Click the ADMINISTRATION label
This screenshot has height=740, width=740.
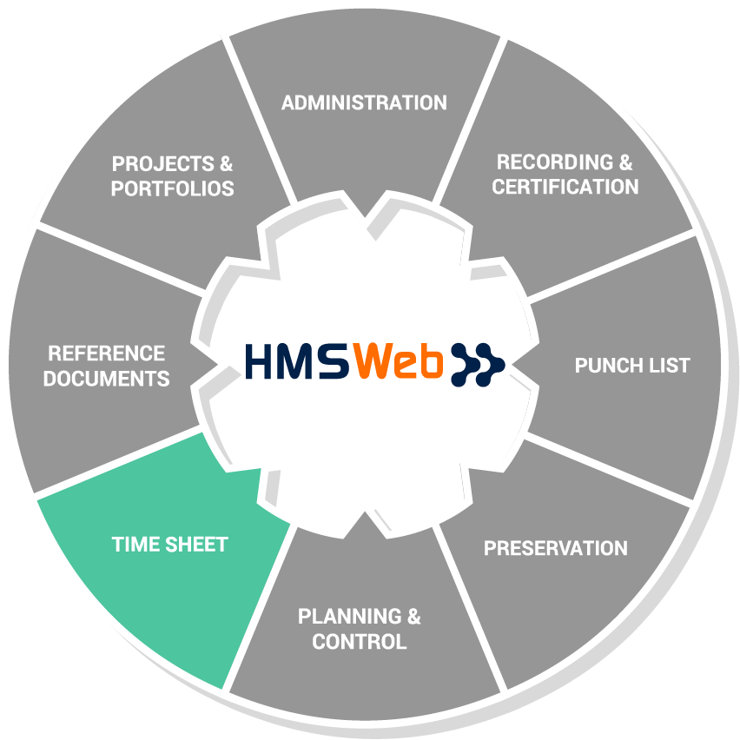pos(364,102)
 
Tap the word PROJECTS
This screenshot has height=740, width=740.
pos(162,164)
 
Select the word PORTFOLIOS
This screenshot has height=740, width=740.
pos(172,188)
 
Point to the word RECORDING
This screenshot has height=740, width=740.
pos(554,162)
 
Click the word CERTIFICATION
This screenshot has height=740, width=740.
pos(565,187)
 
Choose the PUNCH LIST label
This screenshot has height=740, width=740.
pos(632,366)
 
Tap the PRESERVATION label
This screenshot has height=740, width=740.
pos(556,548)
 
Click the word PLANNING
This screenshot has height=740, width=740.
pos(350,616)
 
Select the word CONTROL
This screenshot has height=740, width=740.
pos(360,641)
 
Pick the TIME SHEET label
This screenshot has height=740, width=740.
pos(170,545)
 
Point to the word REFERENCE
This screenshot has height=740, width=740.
pos(106,353)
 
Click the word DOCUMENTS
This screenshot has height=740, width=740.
pos(106,379)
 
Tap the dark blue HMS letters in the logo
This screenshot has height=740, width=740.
pos(297,362)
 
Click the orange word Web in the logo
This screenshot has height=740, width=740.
pos(399,361)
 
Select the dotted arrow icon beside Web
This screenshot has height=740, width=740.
pos(478,365)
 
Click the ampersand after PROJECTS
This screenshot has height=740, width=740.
pos(226,164)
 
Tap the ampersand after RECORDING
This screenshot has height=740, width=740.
pos(625,162)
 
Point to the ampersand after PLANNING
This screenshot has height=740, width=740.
pos(413,616)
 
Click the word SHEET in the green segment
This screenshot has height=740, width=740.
pos(196,545)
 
